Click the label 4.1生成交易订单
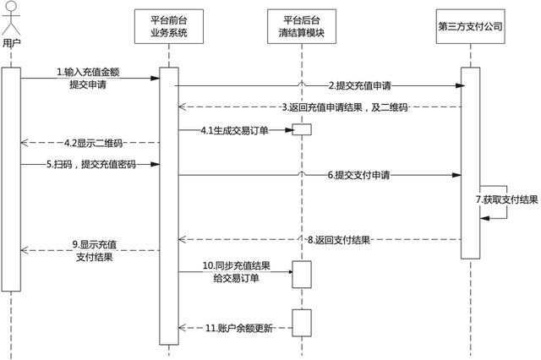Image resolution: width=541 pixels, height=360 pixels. [233, 130]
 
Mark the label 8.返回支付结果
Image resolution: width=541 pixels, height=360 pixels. [341, 240]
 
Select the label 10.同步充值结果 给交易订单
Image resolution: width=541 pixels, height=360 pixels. [232, 272]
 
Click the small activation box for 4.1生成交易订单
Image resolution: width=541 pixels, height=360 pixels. [302, 130]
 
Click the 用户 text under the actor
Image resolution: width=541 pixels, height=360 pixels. [11, 42]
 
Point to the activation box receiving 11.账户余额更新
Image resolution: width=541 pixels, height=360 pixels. [302, 322]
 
